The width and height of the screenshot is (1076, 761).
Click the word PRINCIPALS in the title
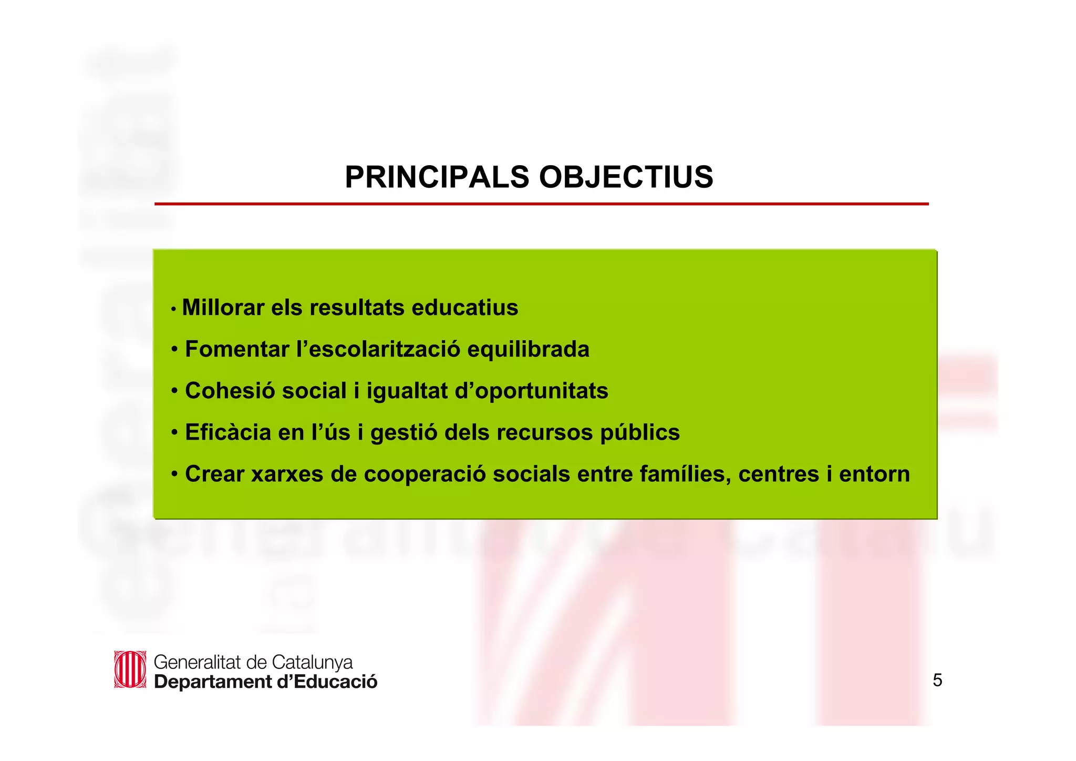point(437,177)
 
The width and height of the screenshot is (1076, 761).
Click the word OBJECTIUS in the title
point(626,177)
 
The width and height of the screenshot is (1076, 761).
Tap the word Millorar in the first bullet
point(223,308)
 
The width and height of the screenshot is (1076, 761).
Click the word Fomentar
point(237,349)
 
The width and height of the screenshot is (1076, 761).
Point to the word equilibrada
point(528,349)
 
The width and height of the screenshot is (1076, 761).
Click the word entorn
point(874,474)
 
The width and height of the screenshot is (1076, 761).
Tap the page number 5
point(937,681)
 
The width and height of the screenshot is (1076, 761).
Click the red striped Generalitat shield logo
point(130,669)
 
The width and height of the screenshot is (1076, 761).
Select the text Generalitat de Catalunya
point(253,662)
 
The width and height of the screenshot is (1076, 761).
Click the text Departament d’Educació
point(265,682)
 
